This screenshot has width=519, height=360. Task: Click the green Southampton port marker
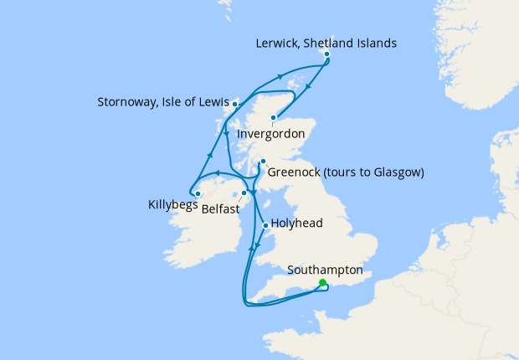click(x=323, y=283)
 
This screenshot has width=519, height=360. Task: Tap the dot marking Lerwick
click(x=326, y=54)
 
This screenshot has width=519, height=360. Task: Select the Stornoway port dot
click(x=235, y=104)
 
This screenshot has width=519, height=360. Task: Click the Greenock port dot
click(x=262, y=162)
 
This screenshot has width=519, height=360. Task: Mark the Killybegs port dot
click(x=198, y=194)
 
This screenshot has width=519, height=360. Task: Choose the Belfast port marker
click(x=244, y=193)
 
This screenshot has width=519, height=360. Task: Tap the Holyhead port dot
click(x=265, y=225)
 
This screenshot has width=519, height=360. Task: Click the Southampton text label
click(x=325, y=270)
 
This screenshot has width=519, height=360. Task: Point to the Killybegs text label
click(x=173, y=203)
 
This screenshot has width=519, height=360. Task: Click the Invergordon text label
click(x=270, y=134)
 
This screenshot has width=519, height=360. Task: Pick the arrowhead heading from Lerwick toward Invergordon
click(x=309, y=85)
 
